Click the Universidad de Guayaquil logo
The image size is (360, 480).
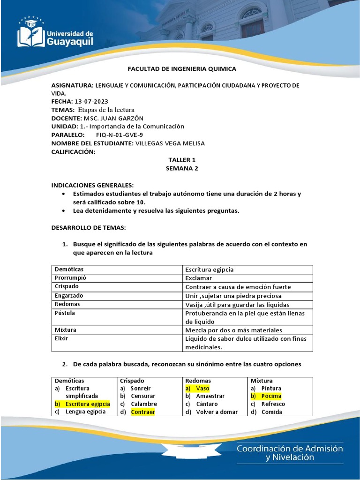point(55,33)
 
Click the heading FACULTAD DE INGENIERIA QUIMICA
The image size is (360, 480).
point(182,69)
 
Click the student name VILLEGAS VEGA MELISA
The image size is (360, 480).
point(170,143)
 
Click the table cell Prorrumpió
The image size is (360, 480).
point(71,278)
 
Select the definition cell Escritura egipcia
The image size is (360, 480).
point(210,270)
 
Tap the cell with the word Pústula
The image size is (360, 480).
point(65,313)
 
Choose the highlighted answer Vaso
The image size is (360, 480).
point(202,389)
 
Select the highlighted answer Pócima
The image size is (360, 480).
point(271,396)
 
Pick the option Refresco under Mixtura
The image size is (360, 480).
point(273,404)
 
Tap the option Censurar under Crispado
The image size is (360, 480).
point(143,396)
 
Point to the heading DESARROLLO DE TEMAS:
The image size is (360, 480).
point(88,227)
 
